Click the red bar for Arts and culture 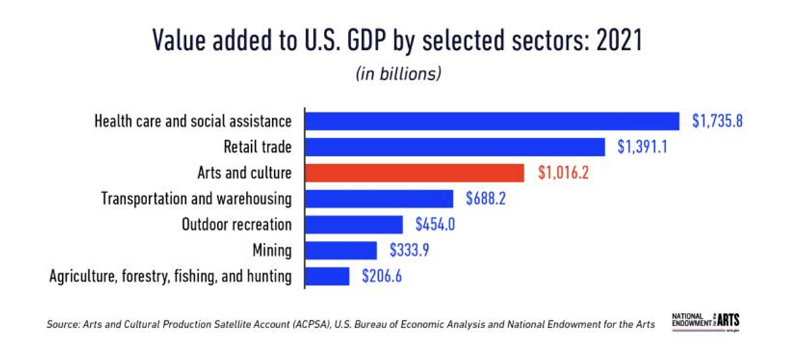415,173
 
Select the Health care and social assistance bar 493,122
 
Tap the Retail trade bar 456,147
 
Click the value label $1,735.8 718,122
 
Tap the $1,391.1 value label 642,147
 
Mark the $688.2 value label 486,198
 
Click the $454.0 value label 436,225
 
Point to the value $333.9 410,250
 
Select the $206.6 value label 382,276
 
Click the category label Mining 272,250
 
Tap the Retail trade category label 258,147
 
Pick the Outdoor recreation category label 237,225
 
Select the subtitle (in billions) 398,73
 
